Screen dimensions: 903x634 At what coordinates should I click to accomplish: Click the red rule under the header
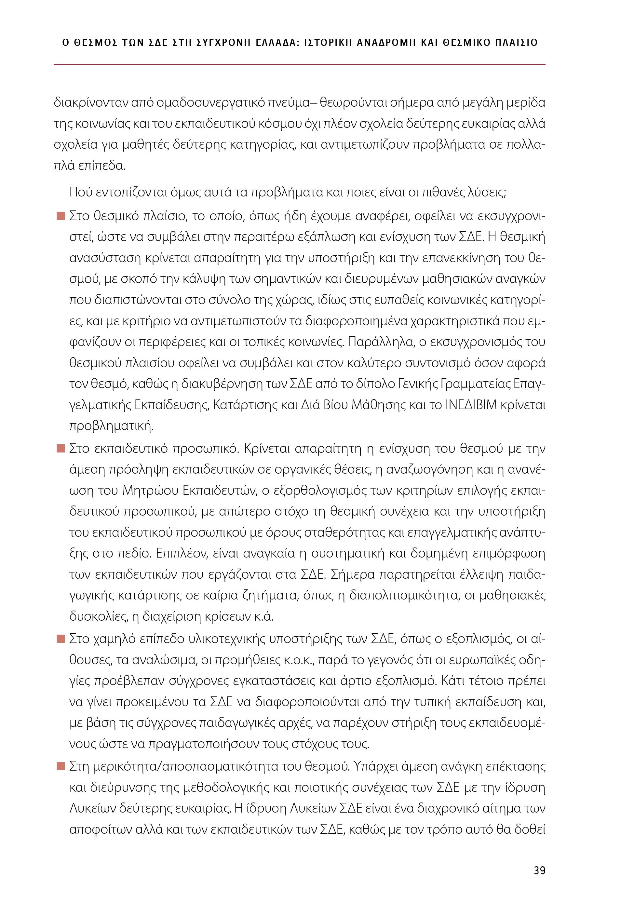point(299,64)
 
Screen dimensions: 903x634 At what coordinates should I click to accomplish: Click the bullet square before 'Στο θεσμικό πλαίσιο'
point(61,216)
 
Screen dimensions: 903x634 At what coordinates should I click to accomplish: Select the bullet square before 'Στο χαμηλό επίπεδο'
point(61,638)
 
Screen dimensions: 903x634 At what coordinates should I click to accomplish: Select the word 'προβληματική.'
point(111,426)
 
